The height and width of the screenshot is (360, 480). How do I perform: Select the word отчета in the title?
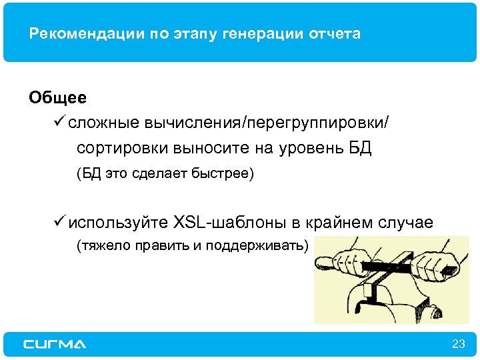coord(337,34)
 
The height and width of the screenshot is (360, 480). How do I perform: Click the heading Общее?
coord(57,98)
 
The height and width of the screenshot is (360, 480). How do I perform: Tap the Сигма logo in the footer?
coord(55,344)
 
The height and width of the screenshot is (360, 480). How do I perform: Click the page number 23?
coord(458,344)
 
